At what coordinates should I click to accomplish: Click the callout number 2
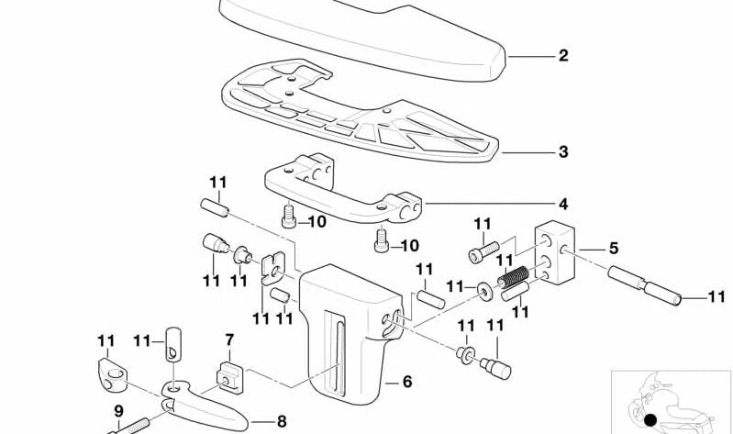562,56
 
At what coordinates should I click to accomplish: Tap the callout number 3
562,151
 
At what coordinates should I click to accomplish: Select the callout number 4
562,203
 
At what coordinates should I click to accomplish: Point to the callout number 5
614,248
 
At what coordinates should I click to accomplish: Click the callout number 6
405,381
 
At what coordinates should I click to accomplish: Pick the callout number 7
229,341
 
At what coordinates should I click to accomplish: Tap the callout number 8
257,422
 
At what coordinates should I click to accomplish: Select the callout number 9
118,412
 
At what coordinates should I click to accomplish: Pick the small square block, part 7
228,374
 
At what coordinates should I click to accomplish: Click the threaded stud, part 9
133,427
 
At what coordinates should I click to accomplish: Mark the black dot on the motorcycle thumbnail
650,421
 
